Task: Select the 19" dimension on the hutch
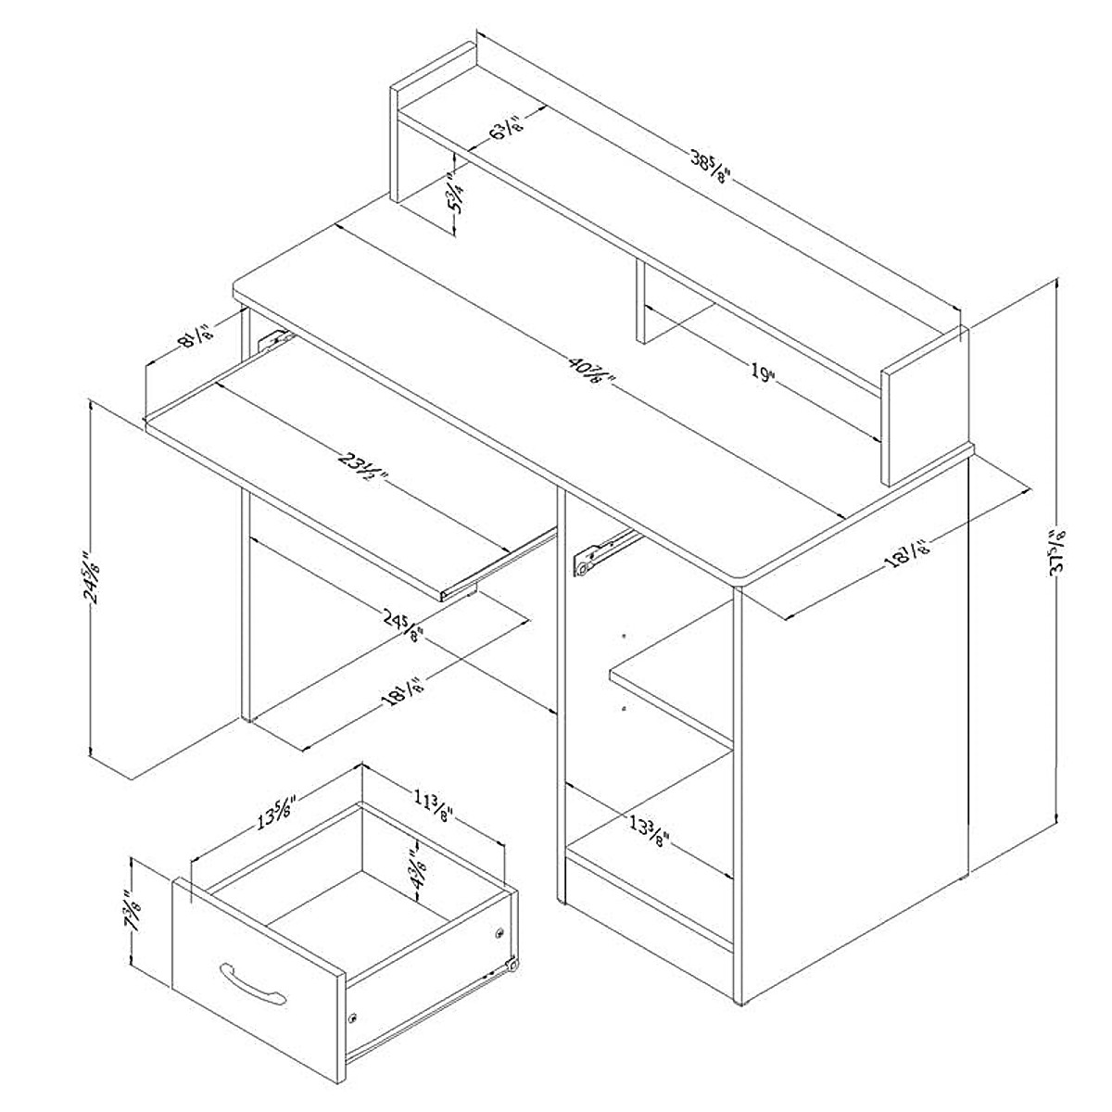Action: pyautogui.click(x=762, y=373)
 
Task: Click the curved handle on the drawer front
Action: pyautogui.click(x=253, y=983)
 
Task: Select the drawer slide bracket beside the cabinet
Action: pyautogui.click(x=600, y=551)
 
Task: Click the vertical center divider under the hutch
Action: pyautogui.click(x=639, y=301)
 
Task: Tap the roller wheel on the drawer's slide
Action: pyautogui.click(x=512, y=967)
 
